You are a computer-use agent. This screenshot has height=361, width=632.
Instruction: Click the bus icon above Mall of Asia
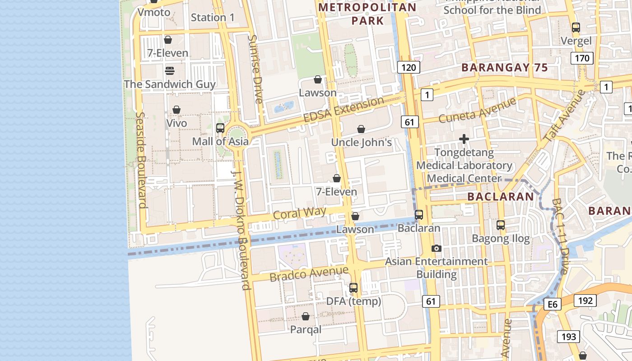coord(220,128)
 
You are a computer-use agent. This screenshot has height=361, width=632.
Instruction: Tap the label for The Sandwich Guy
coord(170,84)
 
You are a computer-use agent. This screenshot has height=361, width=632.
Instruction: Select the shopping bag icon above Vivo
coord(177,110)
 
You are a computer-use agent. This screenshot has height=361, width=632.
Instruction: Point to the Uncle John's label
coord(361,142)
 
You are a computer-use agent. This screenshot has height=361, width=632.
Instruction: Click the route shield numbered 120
coord(409,68)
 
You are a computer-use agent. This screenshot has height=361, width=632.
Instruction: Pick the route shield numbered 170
coord(582,58)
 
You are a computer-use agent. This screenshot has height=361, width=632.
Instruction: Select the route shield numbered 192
coord(585,301)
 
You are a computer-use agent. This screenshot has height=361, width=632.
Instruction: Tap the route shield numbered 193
coord(569,336)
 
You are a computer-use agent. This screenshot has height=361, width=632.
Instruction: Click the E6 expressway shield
coord(553,305)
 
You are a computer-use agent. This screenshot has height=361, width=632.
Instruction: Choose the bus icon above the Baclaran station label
coord(419,215)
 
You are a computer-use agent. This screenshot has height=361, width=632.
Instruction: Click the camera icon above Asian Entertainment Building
coord(436,248)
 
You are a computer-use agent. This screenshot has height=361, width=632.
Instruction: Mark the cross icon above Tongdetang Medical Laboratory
coord(464,139)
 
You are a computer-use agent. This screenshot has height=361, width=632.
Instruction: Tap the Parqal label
coord(306,329)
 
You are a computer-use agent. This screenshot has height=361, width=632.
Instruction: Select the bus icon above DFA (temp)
coord(353,287)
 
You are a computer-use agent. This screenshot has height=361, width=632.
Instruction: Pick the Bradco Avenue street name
coord(309,273)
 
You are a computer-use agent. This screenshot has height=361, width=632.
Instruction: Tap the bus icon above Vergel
coord(576,27)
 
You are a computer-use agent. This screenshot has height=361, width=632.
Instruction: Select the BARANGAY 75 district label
coord(504,68)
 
